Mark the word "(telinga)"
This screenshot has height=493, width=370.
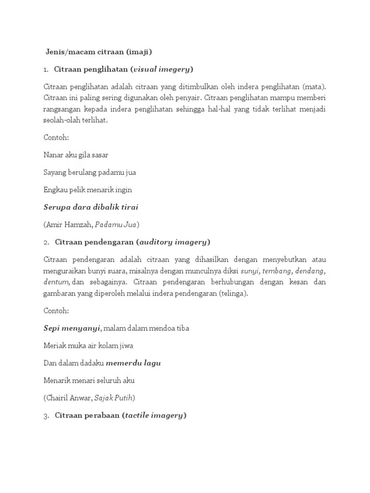[233, 294]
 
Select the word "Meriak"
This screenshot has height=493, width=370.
[54, 346]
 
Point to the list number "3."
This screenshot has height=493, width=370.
[46, 415]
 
